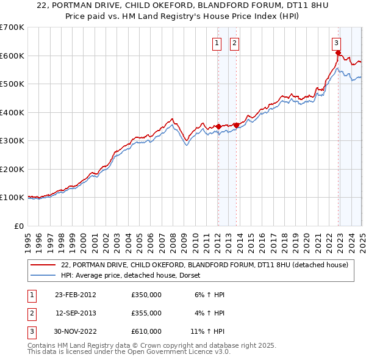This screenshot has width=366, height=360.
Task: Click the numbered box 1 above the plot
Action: click(217, 43)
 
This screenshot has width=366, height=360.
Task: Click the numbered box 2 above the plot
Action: click(234, 43)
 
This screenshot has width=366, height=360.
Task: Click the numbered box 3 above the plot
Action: click(336, 43)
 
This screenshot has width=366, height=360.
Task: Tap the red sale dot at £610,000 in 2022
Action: click(337, 53)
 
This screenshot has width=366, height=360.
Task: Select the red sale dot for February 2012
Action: click(218, 126)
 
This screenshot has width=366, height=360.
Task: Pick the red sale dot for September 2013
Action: click(235, 125)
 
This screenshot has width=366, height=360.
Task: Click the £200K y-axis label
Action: click(12, 169)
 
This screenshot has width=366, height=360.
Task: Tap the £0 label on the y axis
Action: click(19, 226)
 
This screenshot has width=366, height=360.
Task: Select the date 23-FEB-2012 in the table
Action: click(75, 295)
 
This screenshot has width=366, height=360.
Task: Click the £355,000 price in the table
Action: click(146, 313)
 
